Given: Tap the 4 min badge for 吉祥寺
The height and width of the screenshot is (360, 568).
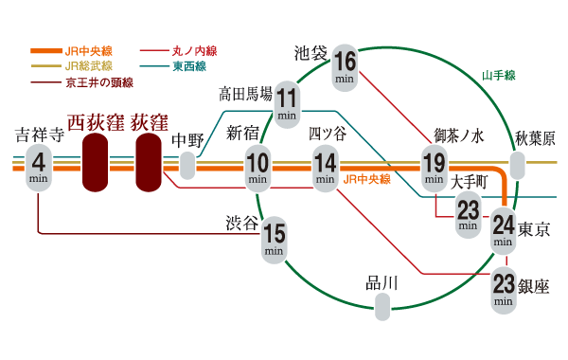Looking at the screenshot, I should point(39,165).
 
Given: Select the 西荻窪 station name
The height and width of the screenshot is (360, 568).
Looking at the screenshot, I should point(95,122).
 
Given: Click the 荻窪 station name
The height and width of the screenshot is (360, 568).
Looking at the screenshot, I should point(150,122).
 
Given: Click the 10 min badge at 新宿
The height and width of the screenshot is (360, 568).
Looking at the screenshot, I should point(258,165).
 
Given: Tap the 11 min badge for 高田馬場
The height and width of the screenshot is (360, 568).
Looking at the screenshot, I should point(288,101).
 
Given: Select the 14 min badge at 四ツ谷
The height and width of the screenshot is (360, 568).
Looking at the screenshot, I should point(326,165).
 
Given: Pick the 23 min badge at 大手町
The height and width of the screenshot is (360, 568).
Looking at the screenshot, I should point(468,212).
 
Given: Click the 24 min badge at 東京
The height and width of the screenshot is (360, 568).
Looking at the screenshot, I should point(504,230).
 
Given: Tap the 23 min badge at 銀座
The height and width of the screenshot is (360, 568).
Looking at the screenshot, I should point(504,289).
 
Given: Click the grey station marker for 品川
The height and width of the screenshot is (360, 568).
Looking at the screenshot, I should point(382,306).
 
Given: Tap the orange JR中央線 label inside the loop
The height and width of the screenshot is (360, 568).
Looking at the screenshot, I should point(365,178).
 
